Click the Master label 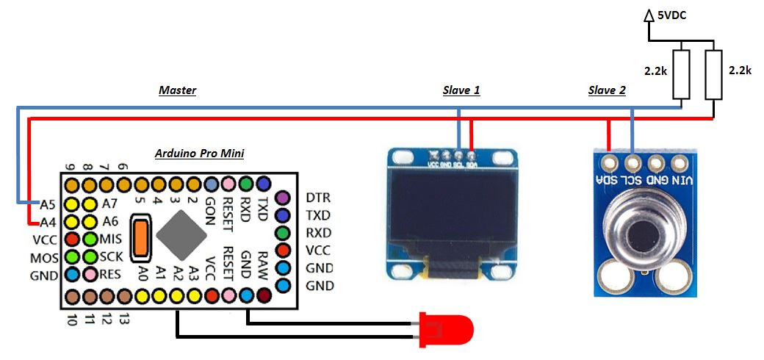(x=178, y=90)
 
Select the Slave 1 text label (x=461, y=90)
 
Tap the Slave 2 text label (x=607, y=90)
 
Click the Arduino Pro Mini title (x=199, y=154)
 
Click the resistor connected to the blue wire (x=682, y=74)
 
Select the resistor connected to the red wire (x=713, y=74)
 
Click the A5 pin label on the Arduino (x=48, y=204)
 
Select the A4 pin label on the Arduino (x=48, y=221)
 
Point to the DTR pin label (x=318, y=198)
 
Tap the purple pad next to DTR (x=282, y=198)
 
